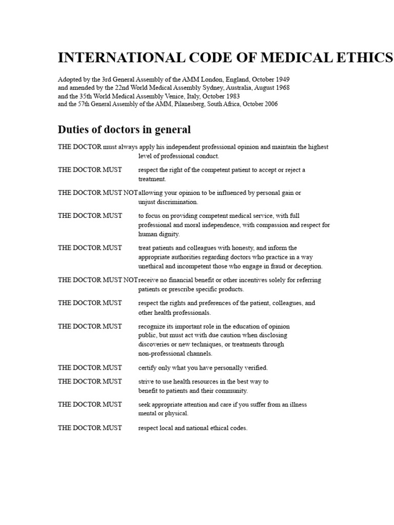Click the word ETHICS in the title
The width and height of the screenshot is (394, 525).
coord(365,57)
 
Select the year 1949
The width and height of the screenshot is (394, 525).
coord(283,80)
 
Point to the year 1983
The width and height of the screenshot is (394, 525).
coord(232,96)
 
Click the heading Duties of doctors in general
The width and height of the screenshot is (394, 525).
coord(124,129)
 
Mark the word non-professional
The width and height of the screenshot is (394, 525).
coord(160,353)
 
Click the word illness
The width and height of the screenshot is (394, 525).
coord(296,405)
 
